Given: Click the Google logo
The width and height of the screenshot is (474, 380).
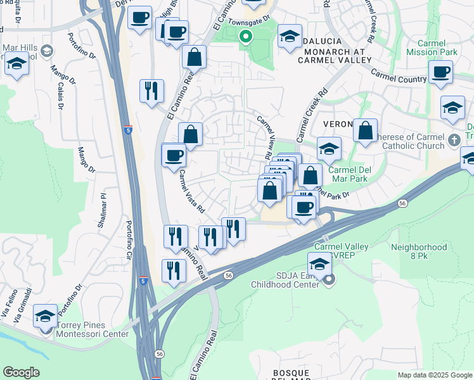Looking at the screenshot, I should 21,372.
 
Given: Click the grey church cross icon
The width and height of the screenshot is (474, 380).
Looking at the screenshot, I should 453,139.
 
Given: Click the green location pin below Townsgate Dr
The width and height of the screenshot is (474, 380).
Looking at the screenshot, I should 245,37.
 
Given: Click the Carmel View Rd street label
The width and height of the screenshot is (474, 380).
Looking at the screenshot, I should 264,137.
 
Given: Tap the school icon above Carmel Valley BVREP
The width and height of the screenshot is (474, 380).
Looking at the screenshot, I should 319,263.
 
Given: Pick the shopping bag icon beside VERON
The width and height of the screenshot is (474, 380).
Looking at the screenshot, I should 365,131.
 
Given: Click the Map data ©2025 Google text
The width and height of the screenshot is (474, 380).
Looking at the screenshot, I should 434,375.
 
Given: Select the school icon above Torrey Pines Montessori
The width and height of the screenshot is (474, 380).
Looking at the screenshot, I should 45,315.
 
